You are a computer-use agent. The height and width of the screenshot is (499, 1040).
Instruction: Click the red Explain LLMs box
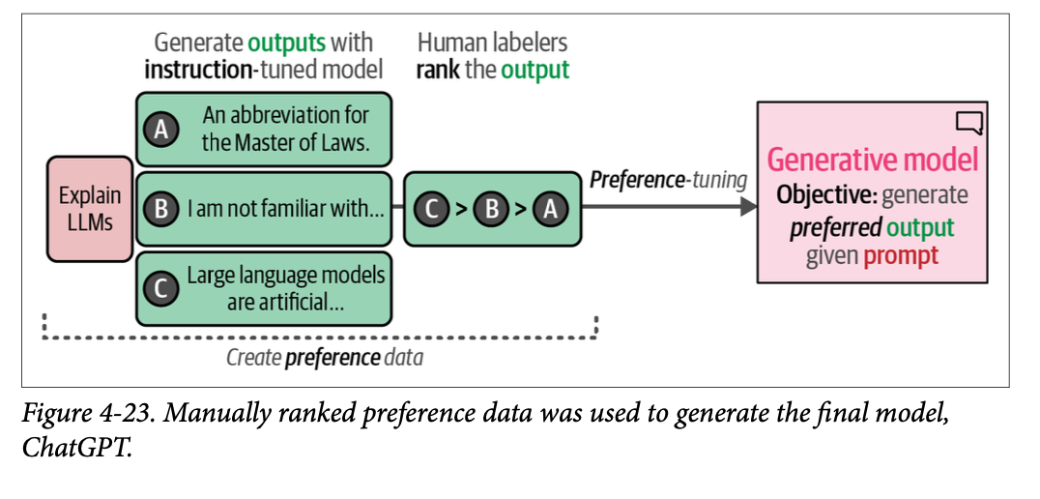[x=89, y=209]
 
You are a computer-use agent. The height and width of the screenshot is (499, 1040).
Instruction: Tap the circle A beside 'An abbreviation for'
[x=160, y=130]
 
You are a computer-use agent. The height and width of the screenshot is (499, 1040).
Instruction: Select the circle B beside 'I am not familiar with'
[x=160, y=208]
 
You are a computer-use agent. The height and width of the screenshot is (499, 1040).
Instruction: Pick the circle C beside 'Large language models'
[x=160, y=288]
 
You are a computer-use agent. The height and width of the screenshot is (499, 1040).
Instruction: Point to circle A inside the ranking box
[x=550, y=209]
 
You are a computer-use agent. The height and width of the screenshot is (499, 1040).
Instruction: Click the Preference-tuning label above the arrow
[x=668, y=181]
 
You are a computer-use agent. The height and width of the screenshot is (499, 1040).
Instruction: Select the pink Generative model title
[x=872, y=160]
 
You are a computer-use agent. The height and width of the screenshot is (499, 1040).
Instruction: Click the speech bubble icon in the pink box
[x=968, y=122]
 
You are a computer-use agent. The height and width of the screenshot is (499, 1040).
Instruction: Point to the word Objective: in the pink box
[x=826, y=194]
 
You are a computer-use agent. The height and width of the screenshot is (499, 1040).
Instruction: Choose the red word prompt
[x=900, y=257]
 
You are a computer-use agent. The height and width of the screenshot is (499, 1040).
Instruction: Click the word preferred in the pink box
[x=835, y=227]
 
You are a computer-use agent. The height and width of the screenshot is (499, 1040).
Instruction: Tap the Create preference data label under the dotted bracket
[x=325, y=358]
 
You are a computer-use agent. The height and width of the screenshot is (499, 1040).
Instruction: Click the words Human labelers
[x=492, y=44]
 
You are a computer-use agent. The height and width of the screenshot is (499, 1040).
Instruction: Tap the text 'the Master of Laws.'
[x=286, y=145]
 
